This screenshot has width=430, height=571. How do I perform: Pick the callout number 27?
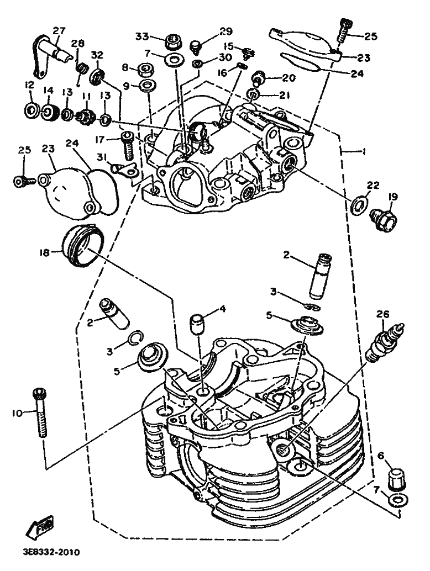pyautogui.click(x=59, y=30)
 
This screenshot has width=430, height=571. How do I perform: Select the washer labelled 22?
pyautogui.click(x=359, y=204)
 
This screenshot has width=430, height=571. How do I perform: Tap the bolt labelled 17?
pyautogui.click(x=128, y=146)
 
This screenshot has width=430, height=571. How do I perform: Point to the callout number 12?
pyautogui.click(x=29, y=85)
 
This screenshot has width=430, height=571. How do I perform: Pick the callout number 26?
pyautogui.click(x=383, y=314)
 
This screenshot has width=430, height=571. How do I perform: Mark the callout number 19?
pyautogui.click(x=392, y=197)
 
